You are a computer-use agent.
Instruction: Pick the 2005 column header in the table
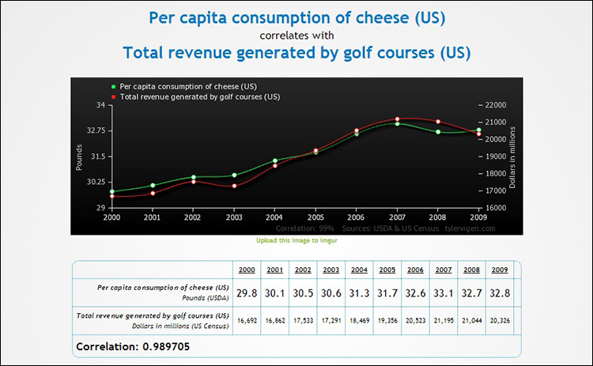(387, 269)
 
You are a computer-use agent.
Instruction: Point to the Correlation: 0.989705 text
(133, 346)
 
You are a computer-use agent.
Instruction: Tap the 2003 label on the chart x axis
(233, 217)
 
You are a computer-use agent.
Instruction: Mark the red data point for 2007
(398, 119)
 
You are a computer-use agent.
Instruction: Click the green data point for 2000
(111, 191)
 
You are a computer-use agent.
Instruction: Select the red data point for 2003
(234, 186)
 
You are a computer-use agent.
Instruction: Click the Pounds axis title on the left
(79, 157)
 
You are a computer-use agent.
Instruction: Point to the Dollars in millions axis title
(513, 157)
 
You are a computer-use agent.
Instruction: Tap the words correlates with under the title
(296, 35)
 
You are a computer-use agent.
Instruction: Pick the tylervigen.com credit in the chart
(469, 228)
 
